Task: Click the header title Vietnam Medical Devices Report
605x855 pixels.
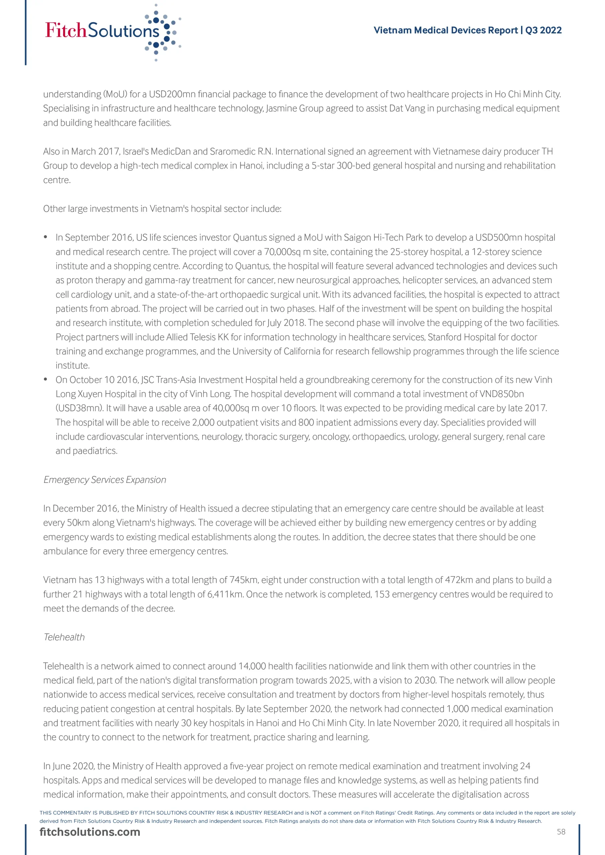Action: [446, 30]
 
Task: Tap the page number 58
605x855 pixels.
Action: [561, 832]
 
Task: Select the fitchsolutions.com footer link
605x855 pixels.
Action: [90, 832]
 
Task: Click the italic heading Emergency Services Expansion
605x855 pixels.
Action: [105, 480]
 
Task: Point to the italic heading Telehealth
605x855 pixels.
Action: [64, 637]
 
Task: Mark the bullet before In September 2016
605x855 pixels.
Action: [45, 237]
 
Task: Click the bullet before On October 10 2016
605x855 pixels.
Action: [45, 379]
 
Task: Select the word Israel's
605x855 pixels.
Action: [136, 152]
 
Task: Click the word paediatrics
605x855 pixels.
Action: [95, 451]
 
